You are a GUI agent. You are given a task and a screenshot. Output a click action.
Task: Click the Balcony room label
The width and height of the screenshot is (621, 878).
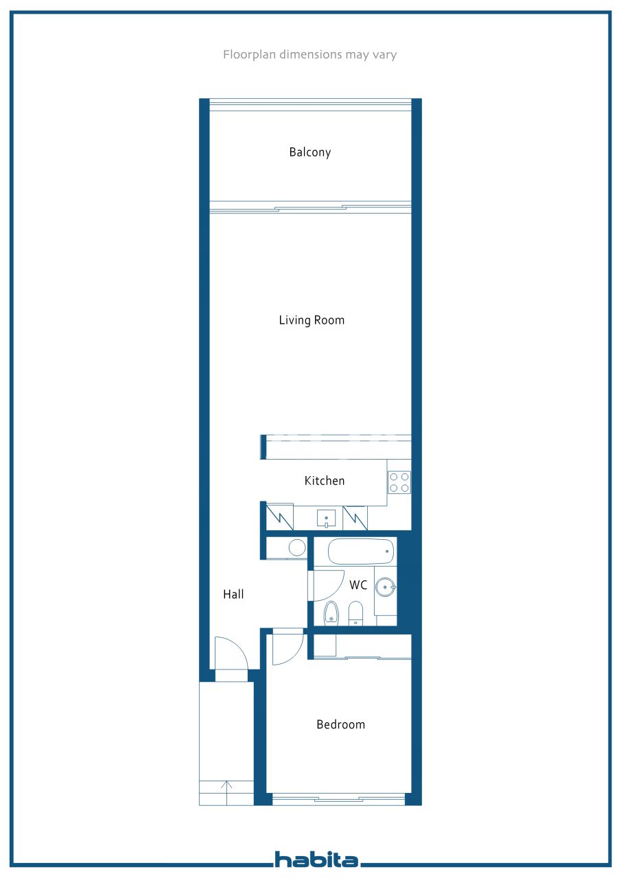point(309,152)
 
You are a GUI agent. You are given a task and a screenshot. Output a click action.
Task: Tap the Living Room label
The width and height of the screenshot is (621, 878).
point(312,320)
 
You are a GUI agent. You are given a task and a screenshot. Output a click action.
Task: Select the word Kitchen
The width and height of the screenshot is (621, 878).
point(325,481)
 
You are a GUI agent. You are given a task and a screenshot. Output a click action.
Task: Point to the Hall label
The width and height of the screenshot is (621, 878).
point(233,595)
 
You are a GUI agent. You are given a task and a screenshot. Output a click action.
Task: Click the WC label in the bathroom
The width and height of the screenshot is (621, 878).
point(358,585)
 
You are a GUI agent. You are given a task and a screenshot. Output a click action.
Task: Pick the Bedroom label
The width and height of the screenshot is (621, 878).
point(340,724)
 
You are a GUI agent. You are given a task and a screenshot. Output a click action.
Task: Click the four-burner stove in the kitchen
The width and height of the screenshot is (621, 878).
point(399,482)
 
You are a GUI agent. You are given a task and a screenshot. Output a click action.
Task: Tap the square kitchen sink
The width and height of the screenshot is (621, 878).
point(326,517)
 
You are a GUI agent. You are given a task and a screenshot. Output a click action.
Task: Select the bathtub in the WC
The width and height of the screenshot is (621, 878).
point(361,551)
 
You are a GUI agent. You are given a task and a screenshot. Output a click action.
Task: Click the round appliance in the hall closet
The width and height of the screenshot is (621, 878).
point(297,547)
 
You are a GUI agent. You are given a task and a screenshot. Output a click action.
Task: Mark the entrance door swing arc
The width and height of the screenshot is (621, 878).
point(231,654)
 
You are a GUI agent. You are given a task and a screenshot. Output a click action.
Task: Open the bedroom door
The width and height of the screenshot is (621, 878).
point(288,648)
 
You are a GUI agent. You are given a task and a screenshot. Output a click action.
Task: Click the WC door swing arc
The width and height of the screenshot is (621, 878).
point(329,586)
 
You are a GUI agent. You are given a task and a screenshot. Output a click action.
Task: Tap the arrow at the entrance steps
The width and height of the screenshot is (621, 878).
point(227,792)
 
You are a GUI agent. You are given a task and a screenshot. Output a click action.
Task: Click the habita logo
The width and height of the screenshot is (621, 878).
point(316,859)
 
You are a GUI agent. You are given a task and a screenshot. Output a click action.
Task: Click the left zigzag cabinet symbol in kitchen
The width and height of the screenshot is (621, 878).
point(279,517)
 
